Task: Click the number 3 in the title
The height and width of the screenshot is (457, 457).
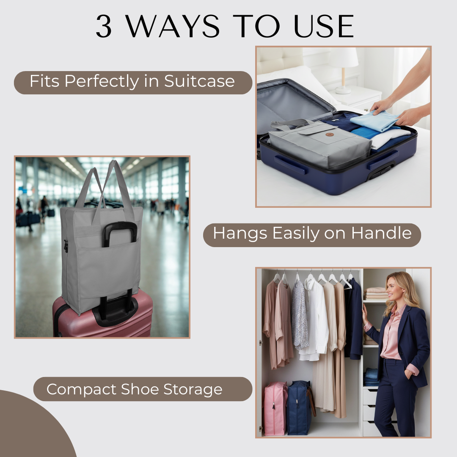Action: (x=104, y=27)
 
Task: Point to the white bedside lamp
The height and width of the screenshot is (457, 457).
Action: (x=344, y=68)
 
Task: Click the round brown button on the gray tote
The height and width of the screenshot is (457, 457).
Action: (x=330, y=134)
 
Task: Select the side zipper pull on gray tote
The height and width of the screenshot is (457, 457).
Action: (x=66, y=245)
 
